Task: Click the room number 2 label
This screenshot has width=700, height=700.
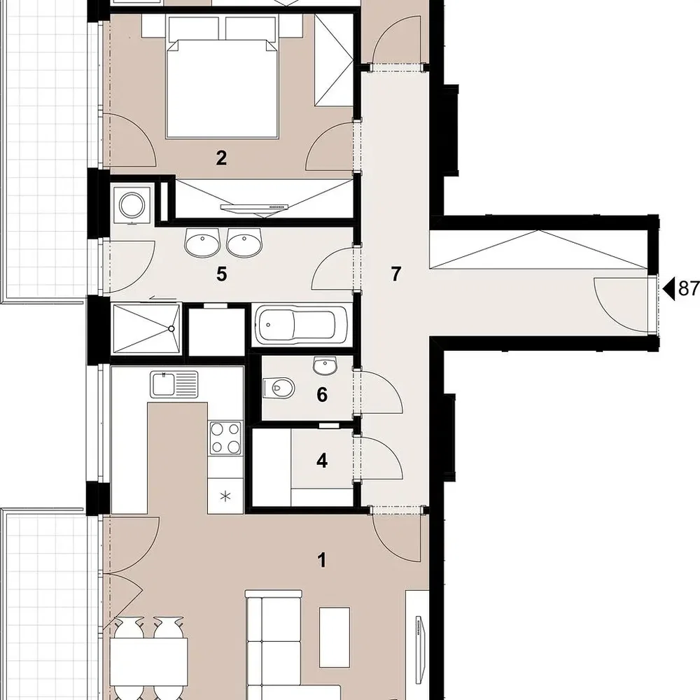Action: click(x=221, y=157)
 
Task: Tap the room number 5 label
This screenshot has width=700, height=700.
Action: click(x=221, y=274)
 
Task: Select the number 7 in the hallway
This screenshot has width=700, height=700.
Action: click(x=395, y=274)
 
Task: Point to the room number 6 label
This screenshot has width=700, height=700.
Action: click(x=322, y=395)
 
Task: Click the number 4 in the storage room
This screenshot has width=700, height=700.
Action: click(x=322, y=461)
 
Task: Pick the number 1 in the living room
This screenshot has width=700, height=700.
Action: click(x=321, y=560)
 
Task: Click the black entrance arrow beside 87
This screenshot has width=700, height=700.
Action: click(x=668, y=289)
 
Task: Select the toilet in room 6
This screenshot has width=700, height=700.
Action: click(x=279, y=387)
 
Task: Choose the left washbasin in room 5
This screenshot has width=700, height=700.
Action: click(x=202, y=243)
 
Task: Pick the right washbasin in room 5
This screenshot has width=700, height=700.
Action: click(x=244, y=243)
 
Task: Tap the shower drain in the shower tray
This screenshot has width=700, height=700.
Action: click(x=171, y=328)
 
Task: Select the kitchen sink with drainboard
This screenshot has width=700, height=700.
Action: click(x=174, y=384)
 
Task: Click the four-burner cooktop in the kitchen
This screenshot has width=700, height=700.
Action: click(x=225, y=438)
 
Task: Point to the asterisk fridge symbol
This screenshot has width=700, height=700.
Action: click(x=225, y=496)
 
